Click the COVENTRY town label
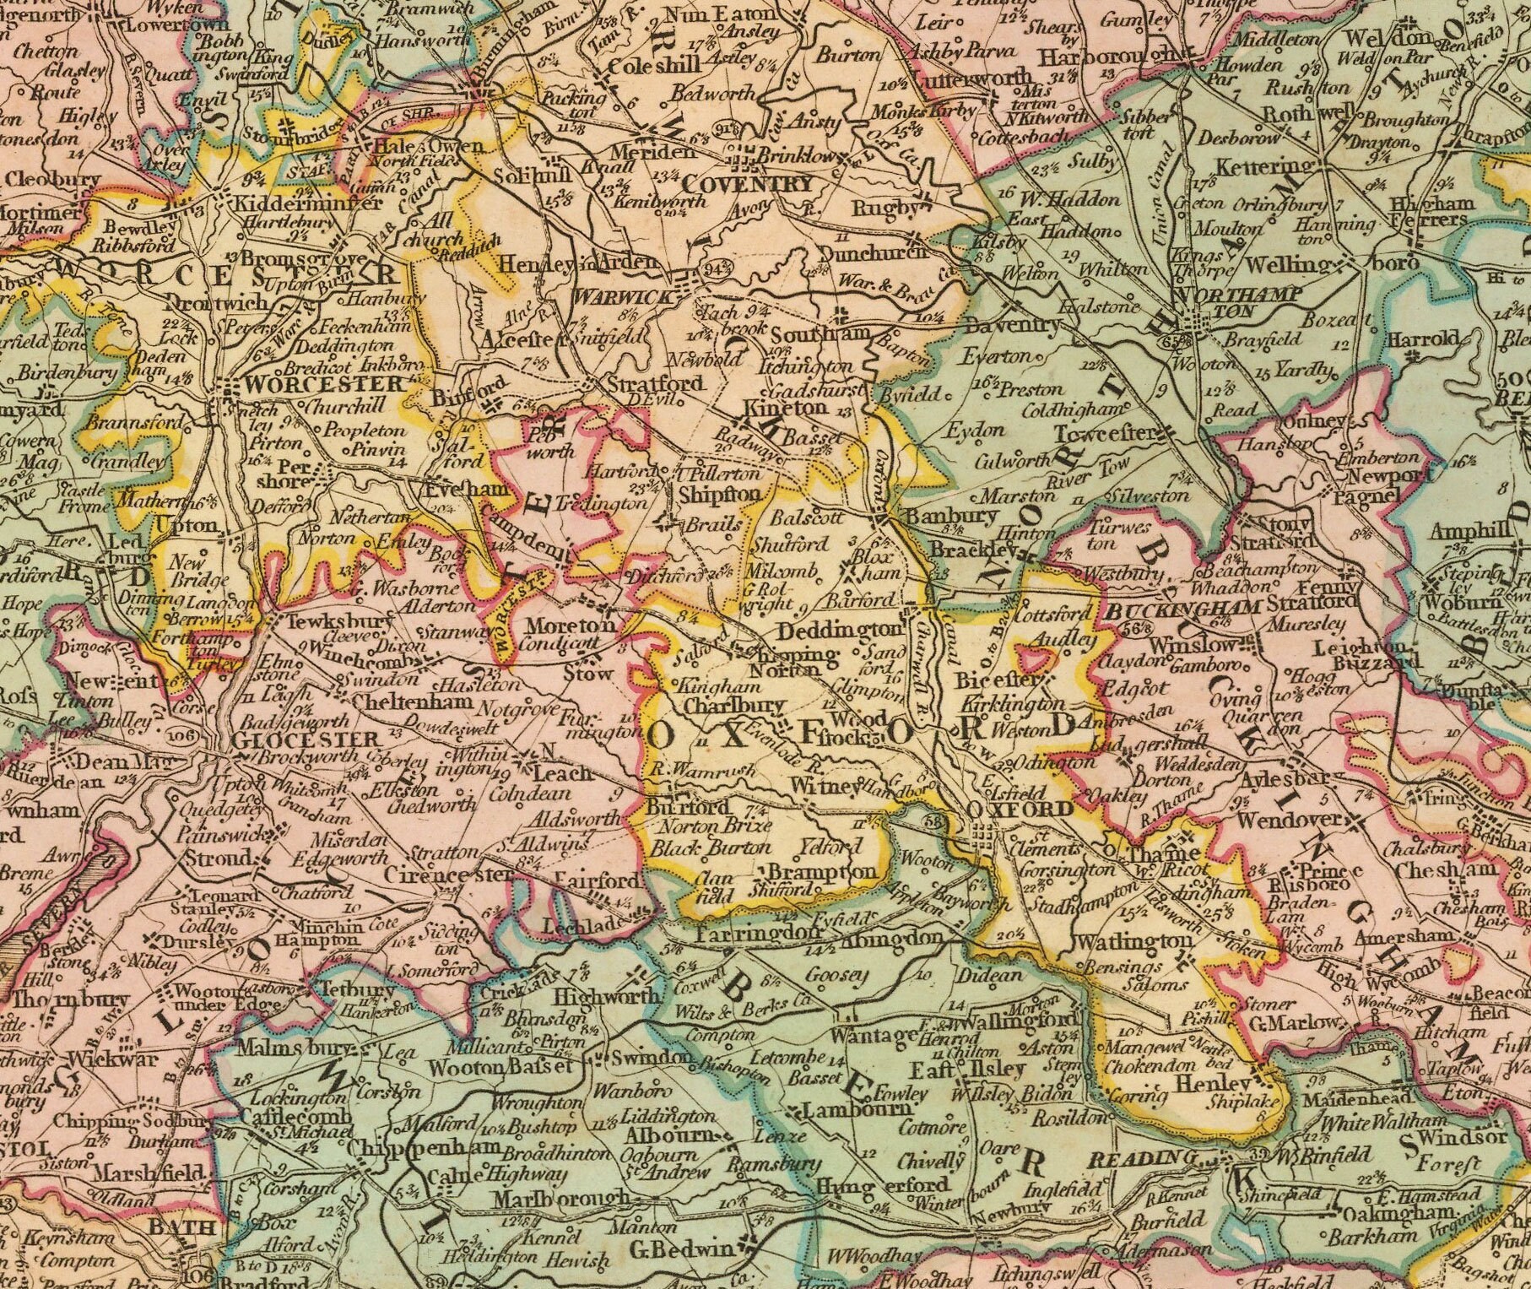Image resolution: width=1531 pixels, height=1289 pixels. pyautogui.click(x=748, y=184)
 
